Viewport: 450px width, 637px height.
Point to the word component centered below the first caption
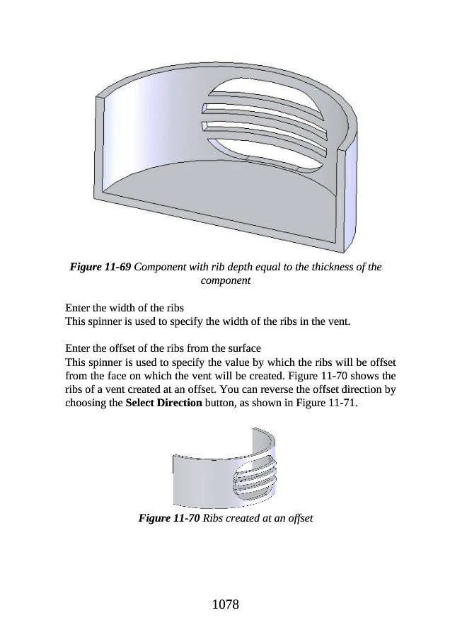tap(225, 281)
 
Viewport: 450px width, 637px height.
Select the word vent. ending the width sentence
tap(338, 321)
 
